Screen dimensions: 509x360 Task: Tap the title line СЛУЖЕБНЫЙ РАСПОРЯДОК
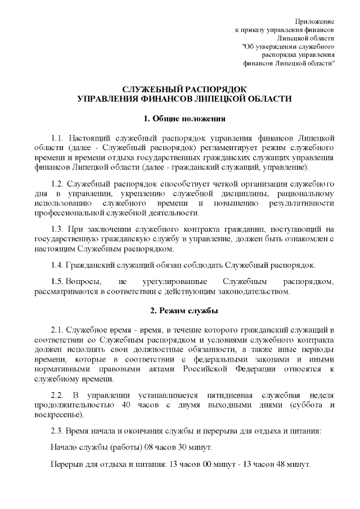(184, 89)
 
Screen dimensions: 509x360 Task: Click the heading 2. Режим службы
(184, 310)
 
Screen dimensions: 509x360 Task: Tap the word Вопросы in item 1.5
(84, 281)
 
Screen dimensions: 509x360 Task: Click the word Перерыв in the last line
(66, 466)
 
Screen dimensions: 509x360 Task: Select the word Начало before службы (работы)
(64, 448)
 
